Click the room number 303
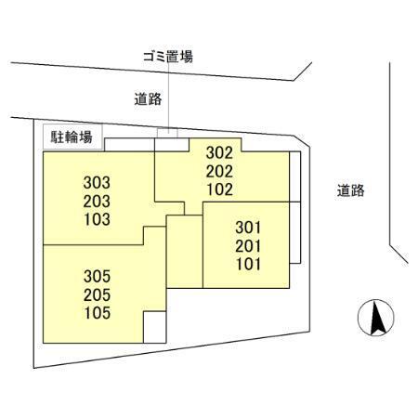pos(97,183)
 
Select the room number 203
pos(97,202)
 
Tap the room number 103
pos(97,219)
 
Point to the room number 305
pos(97,276)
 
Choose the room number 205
pos(97,294)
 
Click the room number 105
pos(98,313)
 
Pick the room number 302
pos(219,152)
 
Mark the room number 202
pos(219,171)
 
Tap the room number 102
pos(220,189)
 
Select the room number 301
pos(248,228)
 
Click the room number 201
pos(248,246)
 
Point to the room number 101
pos(248,264)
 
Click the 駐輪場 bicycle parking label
pos(72,137)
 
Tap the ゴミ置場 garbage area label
pos(168,57)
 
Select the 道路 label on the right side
pos(350,190)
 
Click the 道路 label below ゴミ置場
pos(148,99)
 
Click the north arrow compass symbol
pos(376,318)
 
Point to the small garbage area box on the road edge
pos(167,133)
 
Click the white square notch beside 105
pos(155,327)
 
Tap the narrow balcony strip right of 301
pos(294,232)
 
